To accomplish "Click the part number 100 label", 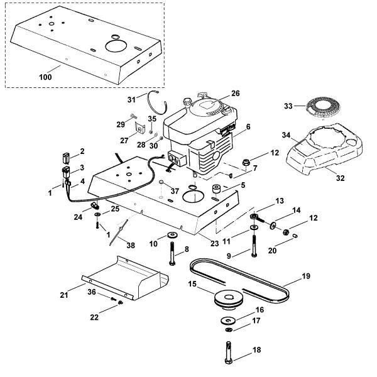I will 46,78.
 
